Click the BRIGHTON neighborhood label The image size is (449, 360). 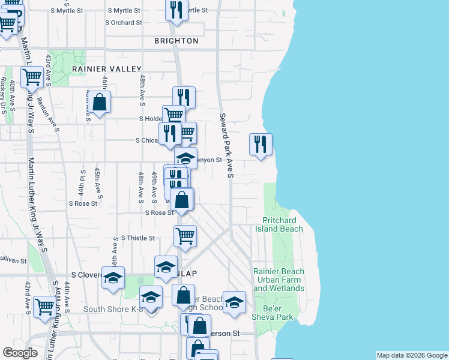click(176, 41)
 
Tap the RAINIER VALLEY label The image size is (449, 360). click(106, 69)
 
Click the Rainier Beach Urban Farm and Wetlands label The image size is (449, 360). click(279, 280)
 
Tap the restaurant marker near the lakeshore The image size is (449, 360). click(261, 144)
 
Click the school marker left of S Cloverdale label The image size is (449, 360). click(113, 278)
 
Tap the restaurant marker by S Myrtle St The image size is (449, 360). click(176, 10)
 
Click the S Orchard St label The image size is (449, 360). click(123, 22)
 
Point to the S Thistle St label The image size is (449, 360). click(138, 238)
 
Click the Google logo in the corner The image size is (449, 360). click(20, 353)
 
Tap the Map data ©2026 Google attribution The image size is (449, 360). click(412, 355)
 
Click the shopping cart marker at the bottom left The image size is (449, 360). click(44, 306)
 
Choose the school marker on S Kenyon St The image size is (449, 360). click(185, 158)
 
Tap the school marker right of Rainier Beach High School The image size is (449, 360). click(234, 302)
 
